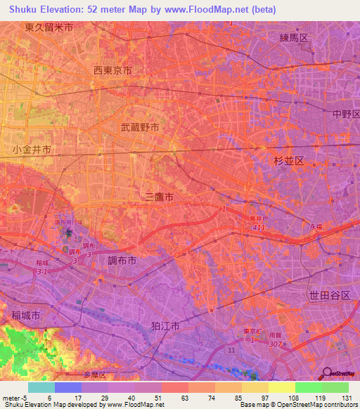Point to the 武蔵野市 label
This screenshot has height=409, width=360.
pos(139,128)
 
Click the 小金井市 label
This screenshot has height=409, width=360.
pos(32,150)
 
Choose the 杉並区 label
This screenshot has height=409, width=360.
pos(289,161)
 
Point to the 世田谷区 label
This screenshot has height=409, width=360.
pos(330,295)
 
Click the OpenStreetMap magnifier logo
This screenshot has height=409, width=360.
pos(327,373)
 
